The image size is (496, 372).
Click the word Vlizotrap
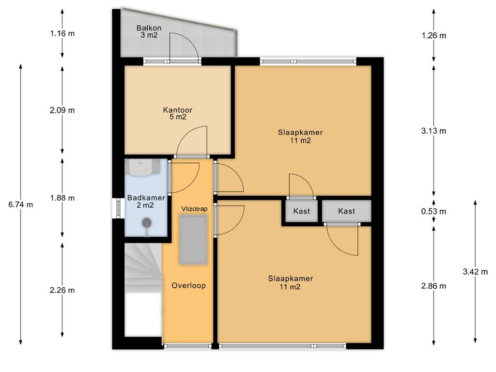[194, 209]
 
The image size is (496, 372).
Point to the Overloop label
[188, 286]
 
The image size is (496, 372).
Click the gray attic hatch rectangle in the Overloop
[193, 239]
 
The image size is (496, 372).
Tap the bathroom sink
[142, 167]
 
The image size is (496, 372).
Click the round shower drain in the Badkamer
[146, 223]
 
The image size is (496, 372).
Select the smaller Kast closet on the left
[301, 211]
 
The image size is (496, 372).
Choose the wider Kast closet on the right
[346, 211]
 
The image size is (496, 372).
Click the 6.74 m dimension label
[20, 205]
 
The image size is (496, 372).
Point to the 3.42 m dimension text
[475, 271]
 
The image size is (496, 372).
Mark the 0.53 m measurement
[434, 211]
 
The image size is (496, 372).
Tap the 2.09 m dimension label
[62, 110]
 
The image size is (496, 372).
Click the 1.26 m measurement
[434, 36]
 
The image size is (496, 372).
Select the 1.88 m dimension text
[62, 198]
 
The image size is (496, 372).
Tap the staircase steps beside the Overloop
[143, 267]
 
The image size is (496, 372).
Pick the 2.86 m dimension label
[434, 286]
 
